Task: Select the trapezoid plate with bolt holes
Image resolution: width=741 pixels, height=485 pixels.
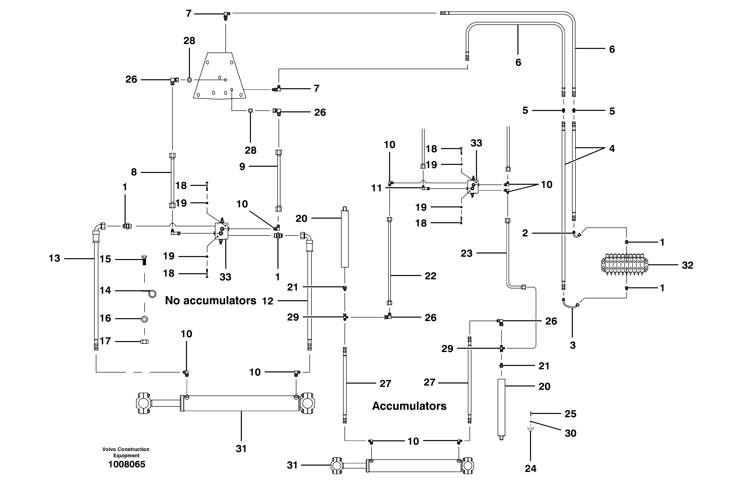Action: (x=219, y=76)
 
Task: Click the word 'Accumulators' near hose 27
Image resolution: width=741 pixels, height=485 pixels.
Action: (x=409, y=406)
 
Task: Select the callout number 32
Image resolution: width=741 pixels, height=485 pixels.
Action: (x=687, y=265)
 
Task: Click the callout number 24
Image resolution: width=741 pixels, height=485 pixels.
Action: (x=531, y=468)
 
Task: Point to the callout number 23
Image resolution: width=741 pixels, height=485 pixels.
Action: (x=466, y=253)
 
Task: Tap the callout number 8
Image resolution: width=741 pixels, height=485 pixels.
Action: (x=134, y=172)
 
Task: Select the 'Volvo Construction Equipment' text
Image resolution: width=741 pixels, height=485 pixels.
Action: (x=126, y=452)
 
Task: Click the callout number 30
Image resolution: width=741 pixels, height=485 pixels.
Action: (x=570, y=433)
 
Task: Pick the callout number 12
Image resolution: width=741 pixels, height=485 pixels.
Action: (x=267, y=301)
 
